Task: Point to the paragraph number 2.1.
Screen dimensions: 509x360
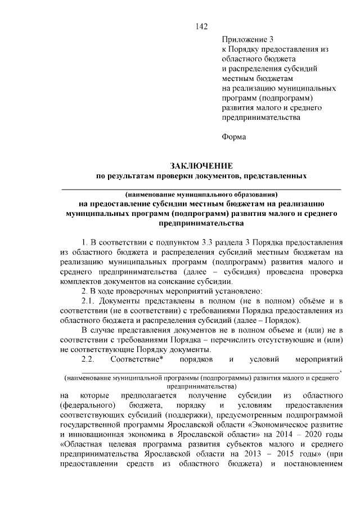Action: pyautogui.click(x=90, y=301)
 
